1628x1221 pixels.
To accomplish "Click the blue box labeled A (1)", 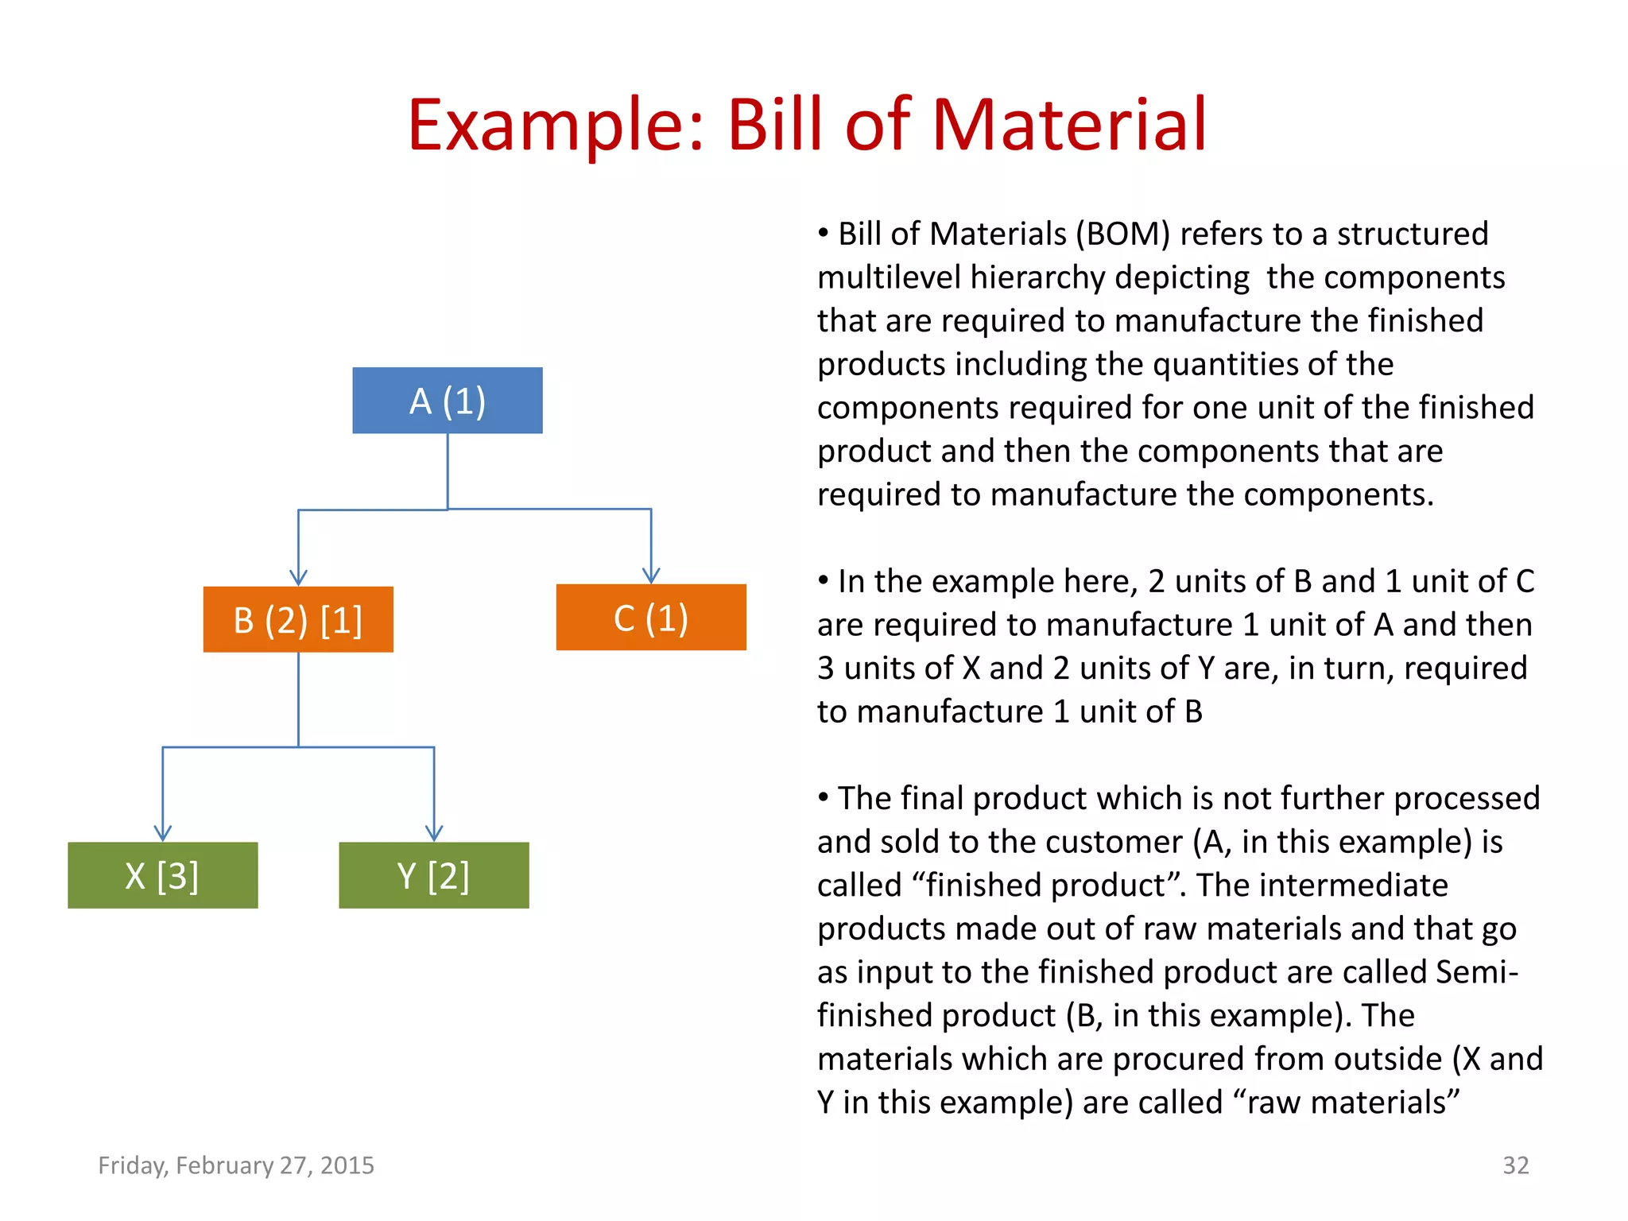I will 448,401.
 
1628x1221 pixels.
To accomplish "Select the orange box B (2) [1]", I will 298,620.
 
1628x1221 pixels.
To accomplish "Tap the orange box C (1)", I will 651,618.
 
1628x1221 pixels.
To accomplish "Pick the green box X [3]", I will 163,875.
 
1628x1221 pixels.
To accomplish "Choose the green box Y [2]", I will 434,875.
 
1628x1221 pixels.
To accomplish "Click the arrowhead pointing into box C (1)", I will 651,576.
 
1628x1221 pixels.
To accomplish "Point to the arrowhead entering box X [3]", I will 163,833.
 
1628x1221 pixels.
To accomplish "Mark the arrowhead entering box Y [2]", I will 434,833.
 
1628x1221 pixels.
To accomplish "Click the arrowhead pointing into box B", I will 298,578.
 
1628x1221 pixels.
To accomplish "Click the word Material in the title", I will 1069,125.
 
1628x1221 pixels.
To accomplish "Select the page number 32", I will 1515,1165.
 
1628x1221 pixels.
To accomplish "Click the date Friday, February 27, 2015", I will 236,1165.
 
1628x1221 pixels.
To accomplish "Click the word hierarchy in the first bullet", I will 1038,278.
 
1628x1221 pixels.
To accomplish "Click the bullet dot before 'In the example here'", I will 824,580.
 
